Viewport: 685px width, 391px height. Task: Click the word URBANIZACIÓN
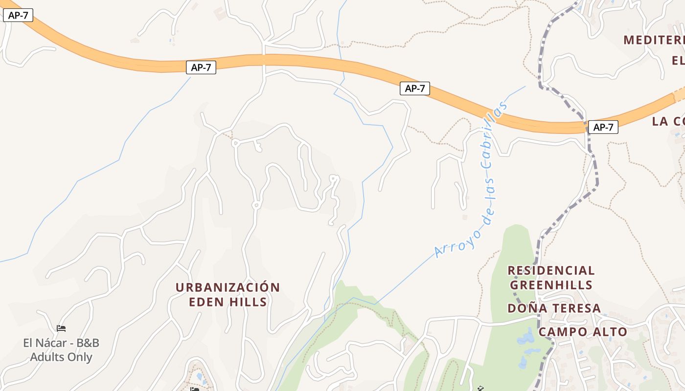pos(228,287)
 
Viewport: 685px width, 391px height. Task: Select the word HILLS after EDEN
pos(248,302)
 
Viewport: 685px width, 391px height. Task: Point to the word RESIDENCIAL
pos(551,271)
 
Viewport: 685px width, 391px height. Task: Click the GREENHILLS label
pos(551,285)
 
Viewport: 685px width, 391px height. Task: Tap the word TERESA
pos(575,308)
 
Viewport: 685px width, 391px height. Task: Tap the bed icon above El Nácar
pos(61,328)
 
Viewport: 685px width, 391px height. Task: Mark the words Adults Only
pos(61,357)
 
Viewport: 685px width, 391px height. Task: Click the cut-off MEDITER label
pos(654,40)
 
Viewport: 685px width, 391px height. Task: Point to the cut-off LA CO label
pos(668,122)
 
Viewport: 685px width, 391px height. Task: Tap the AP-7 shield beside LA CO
pos(603,128)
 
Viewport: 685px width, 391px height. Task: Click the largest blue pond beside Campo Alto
pos(526,337)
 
